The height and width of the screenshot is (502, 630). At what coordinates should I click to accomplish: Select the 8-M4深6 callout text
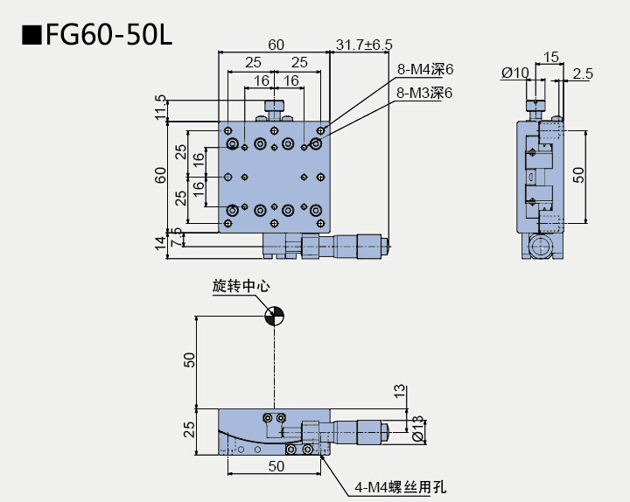pyautogui.click(x=426, y=69)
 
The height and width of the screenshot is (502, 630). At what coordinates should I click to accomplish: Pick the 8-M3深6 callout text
pyautogui.click(x=426, y=92)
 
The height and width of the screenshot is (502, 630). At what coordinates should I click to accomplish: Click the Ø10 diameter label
pyautogui.click(x=515, y=73)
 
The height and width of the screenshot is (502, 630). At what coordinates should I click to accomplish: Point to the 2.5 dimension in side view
pyautogui.click(x=581, y=73)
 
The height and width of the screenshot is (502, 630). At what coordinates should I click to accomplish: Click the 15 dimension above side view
pyautogui.click(x=551, y=57)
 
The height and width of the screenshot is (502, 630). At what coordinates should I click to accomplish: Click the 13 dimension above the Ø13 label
pyautogui.click(x=400, y=391)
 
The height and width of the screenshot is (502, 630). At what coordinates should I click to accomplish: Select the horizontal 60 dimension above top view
pyautogui.click(x=276, y=45)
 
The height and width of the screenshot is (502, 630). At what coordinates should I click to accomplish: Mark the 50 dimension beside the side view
pyautogui.click(x=578, y=175)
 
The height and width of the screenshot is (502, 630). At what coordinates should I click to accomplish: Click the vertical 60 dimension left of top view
pyautogui.click(x=160, y=175)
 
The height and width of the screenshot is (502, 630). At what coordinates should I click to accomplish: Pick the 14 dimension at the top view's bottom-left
pyautogui.click(x=160, y=242)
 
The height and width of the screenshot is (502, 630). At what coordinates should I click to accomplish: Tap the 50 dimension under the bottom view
pyautogui.click(x=276, y=467)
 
